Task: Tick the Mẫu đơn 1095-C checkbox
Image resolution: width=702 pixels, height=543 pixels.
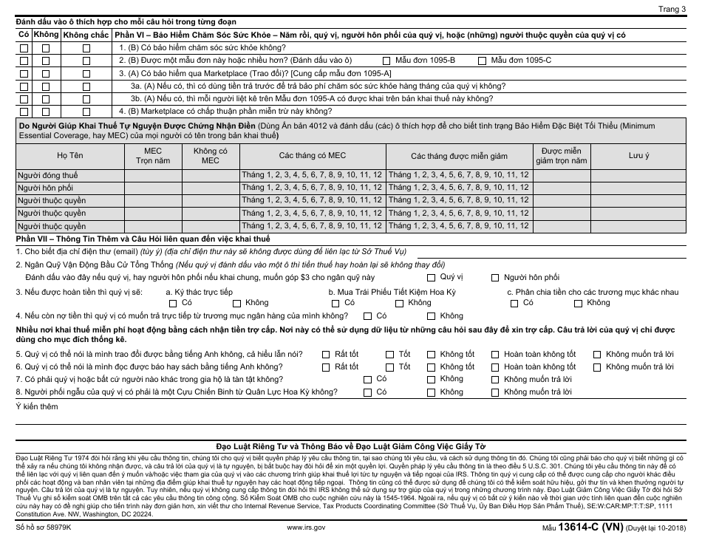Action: pos(483,60)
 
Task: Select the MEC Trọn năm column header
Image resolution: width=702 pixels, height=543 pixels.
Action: pos(147,155)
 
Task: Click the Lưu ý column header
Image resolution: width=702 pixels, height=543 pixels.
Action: pos(638,156)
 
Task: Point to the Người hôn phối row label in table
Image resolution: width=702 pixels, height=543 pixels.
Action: pos(45,188)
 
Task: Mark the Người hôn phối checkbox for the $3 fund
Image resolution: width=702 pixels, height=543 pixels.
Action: pos(496,278)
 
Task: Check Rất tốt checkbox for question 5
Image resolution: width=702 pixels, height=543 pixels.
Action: pos(326,355)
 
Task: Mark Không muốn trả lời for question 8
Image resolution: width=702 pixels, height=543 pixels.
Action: pos(495,392)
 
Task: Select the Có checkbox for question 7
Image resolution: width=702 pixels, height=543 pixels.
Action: pos(367,380)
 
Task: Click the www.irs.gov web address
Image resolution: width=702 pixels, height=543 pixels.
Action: pos(305,528)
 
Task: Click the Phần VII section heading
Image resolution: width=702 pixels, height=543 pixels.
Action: pos(143,239)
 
